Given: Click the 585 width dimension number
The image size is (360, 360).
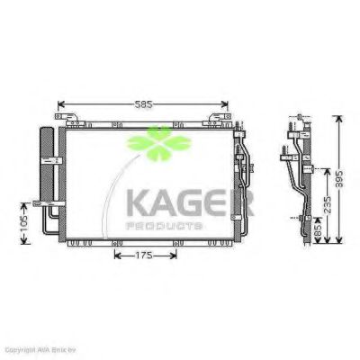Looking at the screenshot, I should click(143, 105).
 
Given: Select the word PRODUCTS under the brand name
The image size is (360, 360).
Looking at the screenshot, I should click(166, 226).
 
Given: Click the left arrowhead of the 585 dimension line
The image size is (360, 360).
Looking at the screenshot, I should click(60, 105).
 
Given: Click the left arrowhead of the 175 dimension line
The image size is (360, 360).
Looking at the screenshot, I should click(114, 255).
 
